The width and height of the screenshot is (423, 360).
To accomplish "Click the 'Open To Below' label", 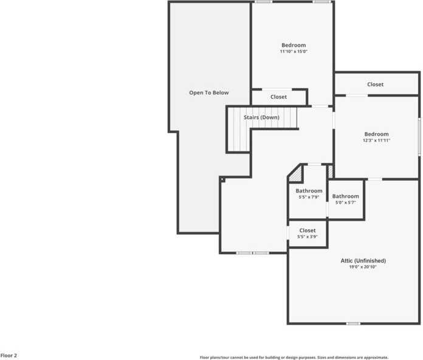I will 208,93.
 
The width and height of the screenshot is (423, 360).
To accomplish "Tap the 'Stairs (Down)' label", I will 261,117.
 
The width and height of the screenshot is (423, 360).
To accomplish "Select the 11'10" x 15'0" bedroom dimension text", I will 294,52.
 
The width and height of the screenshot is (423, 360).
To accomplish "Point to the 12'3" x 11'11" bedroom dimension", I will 376,140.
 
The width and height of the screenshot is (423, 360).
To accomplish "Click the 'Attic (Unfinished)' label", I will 363,261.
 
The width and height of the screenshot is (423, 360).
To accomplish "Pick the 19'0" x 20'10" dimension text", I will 363,267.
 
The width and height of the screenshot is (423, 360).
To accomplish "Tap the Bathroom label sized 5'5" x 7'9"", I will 309,191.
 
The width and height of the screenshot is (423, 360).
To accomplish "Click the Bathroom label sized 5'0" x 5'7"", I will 345,196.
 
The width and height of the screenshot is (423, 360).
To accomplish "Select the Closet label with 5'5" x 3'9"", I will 308,230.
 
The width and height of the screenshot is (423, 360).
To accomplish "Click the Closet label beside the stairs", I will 279,97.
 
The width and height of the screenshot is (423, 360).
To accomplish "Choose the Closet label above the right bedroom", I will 376,85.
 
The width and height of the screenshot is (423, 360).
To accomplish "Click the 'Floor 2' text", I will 9,355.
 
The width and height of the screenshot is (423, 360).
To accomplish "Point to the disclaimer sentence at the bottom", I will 294,358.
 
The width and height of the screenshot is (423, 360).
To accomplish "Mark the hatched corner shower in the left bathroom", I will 295,175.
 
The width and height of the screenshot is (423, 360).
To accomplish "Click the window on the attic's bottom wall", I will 353,324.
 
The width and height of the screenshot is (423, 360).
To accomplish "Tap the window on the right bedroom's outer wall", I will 419,136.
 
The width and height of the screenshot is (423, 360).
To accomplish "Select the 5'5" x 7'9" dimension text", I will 309,197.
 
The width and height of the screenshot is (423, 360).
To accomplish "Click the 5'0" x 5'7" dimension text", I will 345,202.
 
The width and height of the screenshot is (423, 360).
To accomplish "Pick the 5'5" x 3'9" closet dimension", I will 308,237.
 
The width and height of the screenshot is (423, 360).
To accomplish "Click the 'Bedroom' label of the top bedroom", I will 294,46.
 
